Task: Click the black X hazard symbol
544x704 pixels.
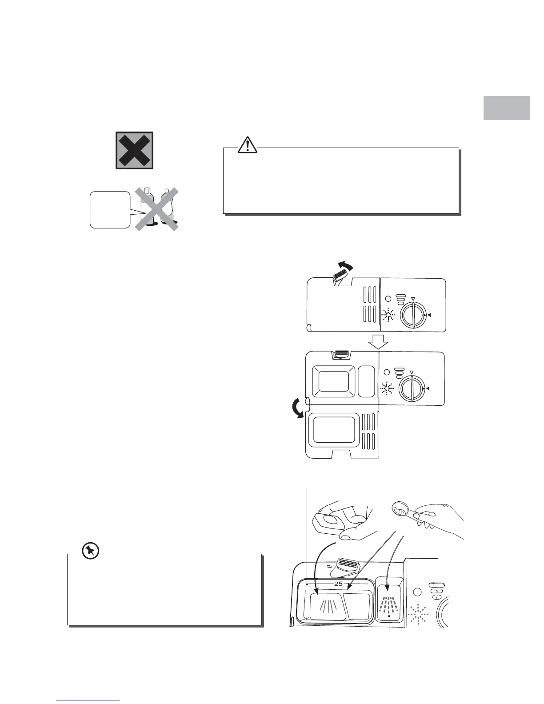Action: click(x=134, y=150)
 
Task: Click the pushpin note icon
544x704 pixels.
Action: click(x=91, y=551)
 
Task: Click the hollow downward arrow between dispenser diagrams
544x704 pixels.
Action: click(x=377, y=342)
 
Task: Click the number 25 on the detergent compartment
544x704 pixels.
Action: click(x=338, y=584)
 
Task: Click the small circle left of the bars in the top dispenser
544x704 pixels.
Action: click(x=387, y=299)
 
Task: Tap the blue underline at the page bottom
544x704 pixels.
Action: click(x=89, y=700)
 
